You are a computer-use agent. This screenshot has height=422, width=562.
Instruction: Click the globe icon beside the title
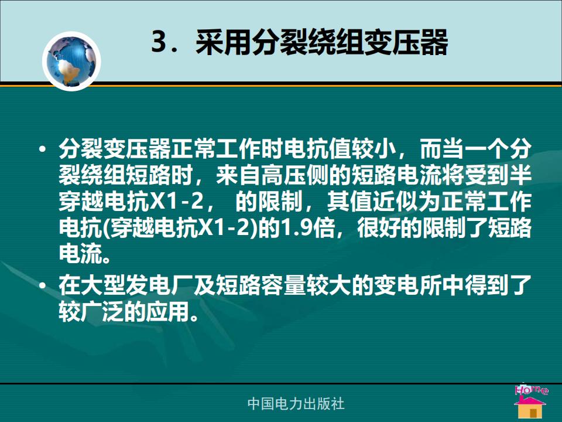pos(71,61)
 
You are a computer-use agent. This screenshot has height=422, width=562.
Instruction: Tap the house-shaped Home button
pos(530,402)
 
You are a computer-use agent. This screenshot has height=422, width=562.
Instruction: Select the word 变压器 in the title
pos(406,42)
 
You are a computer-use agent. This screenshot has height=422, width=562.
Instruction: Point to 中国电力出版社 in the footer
pos(296,404)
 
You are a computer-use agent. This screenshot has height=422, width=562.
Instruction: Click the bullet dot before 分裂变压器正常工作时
pos(43,148)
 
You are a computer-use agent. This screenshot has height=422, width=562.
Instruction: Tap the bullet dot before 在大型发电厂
pos(43,285)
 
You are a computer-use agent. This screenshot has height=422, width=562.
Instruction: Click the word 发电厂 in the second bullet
pos(160,285)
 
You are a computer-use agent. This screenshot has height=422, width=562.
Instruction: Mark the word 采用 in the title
pos(223,42)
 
